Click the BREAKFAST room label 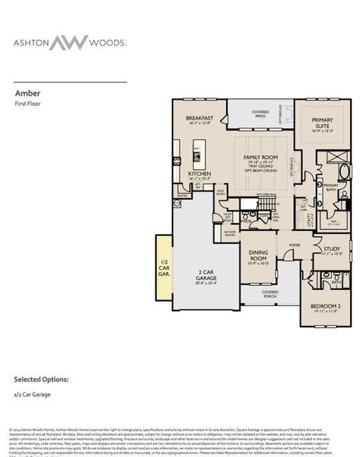coord(199,119)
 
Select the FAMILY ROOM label coord(260,158)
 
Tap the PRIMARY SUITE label coord(318,127)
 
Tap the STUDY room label coord(331,249)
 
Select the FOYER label coord(295,245)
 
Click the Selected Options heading coord(41,379)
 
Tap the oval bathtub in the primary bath coord(344,170)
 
